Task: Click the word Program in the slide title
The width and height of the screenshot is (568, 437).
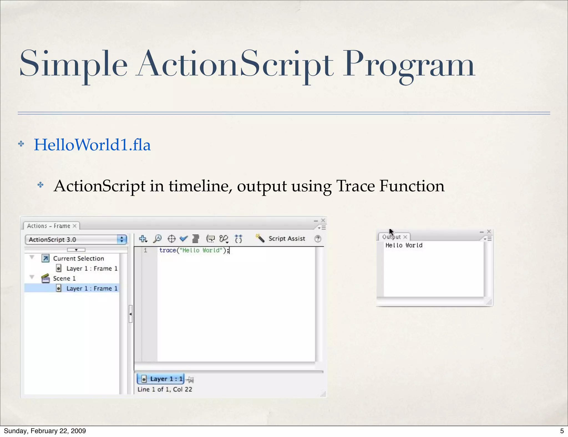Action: [x=409, y=65]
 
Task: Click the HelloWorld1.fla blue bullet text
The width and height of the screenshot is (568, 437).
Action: [x=92, y=145]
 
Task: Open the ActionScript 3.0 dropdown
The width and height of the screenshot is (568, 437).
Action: [x=76, y=240]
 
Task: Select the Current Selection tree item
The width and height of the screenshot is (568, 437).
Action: [x=78, y=258]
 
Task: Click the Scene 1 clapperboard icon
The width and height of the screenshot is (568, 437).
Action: [x=45, y=278]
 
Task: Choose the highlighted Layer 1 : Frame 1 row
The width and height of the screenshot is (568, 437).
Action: [x=92, y=288]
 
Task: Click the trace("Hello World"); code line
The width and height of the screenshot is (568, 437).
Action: [x=194, y=250]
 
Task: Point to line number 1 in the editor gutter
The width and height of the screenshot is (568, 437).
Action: [x=145, y=250]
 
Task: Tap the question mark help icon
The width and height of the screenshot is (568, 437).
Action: [x=318, y=238]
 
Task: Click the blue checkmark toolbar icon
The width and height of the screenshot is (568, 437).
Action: [x=184, y=238]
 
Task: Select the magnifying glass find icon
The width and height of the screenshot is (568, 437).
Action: [x=157, y=238]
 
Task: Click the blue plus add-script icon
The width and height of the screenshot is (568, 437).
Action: [x=143, y=238]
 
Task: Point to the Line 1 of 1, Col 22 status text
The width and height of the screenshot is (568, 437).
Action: [x=165, y=389]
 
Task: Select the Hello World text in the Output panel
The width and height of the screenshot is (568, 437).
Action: [x=404, y=245]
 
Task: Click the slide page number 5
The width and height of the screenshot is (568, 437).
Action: [x=562, y=431]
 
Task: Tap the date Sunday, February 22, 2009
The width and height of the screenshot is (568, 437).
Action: [x=45, y=431]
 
